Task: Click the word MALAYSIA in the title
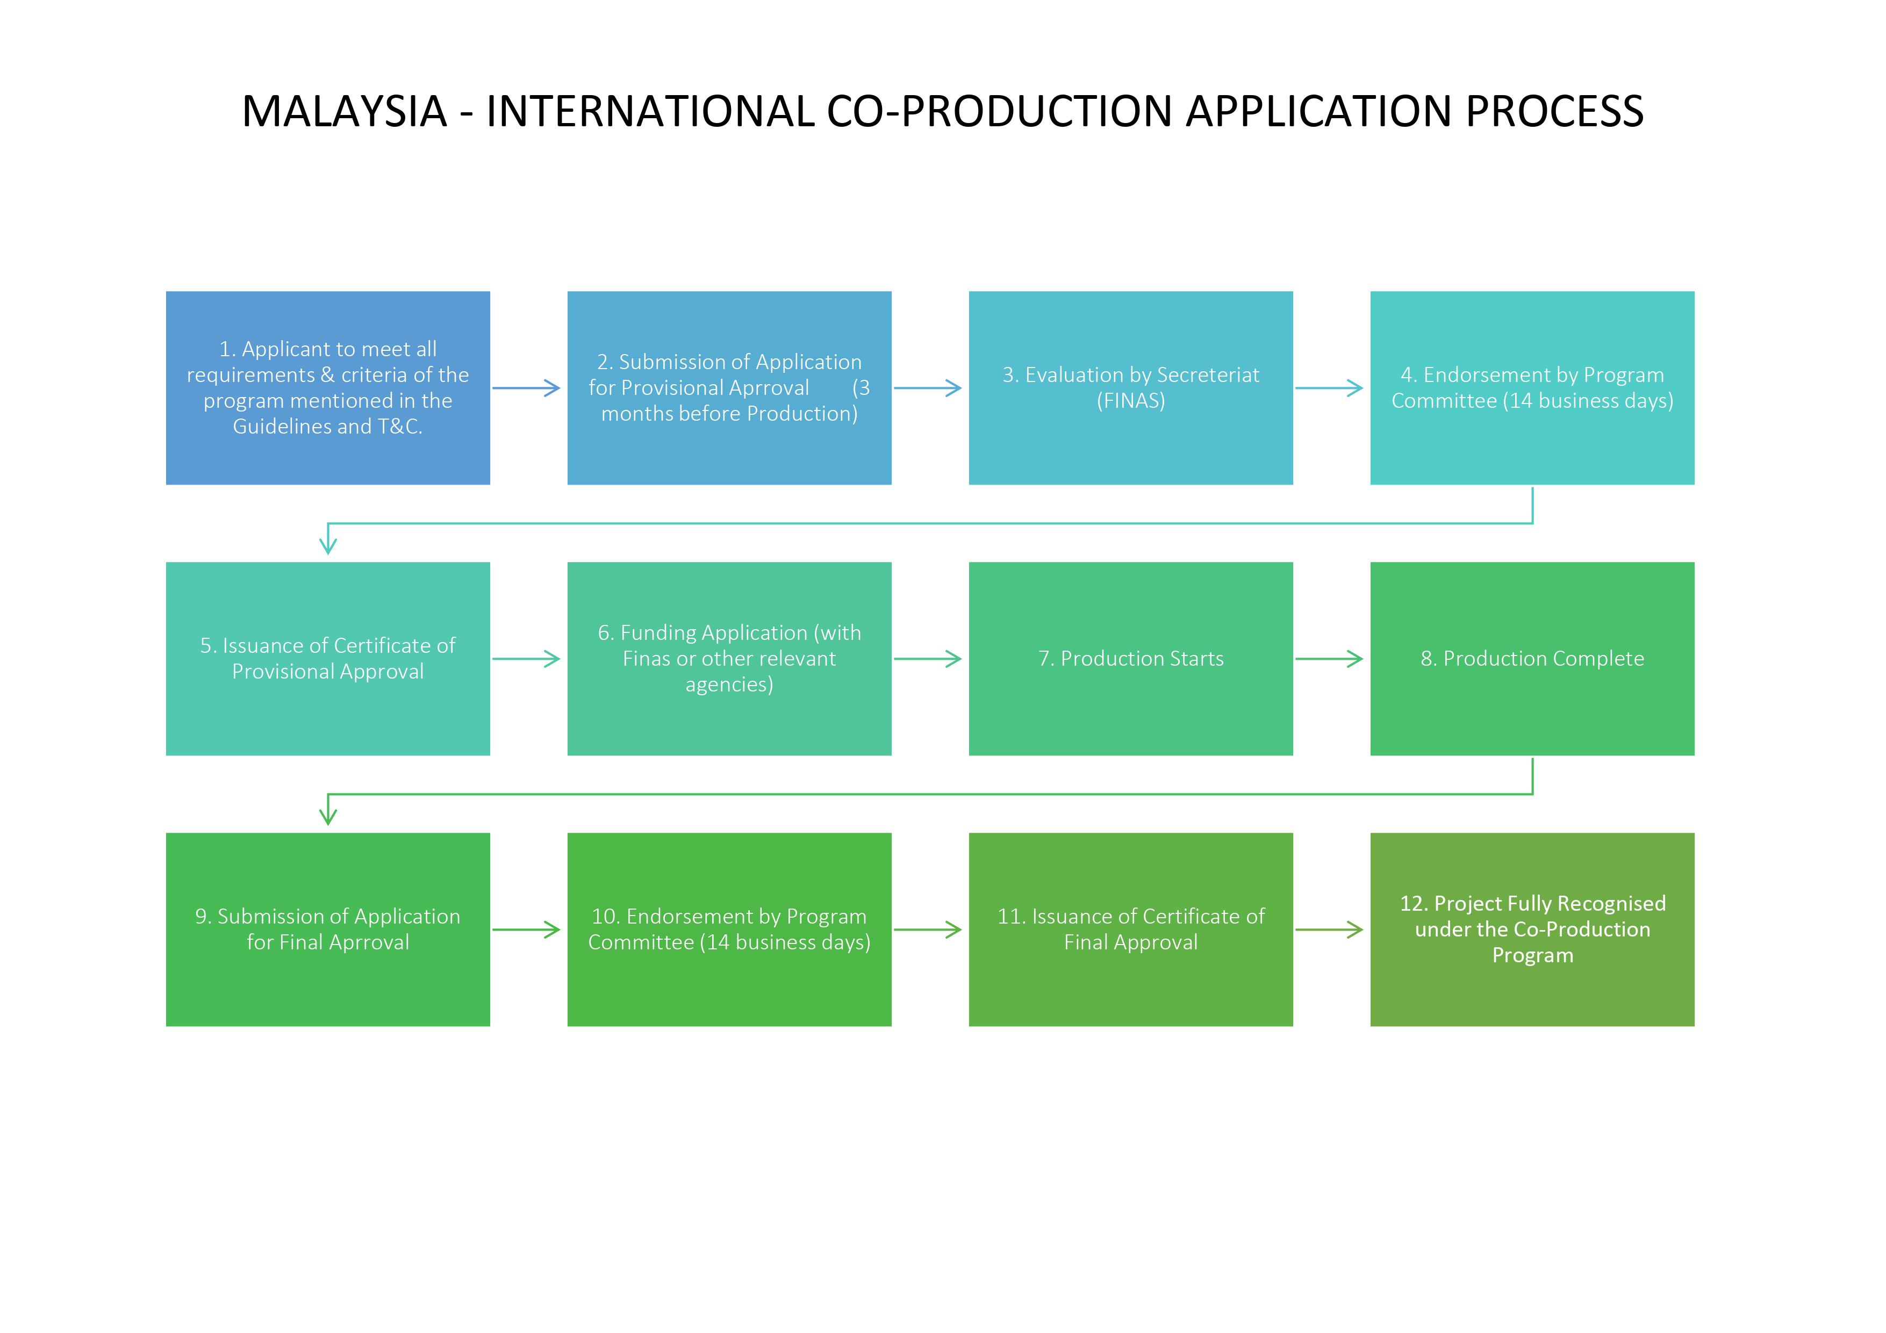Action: (x=344, y=112)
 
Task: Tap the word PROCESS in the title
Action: (x=1554, y=112)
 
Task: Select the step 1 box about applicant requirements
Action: (x=328, y=388)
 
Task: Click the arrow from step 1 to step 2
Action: (x=526, y=388)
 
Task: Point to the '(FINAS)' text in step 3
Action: (x=1130, y=401)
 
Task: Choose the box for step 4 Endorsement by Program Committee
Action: (x=1532, y=388)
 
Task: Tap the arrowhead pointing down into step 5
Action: (x=328, y=545)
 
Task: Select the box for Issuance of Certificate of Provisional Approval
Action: (x=328, y=659)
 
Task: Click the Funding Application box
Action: (x=729, y=659)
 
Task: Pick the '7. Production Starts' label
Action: (x=1130, y=659)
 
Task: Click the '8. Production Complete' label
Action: (x=1532, y=659)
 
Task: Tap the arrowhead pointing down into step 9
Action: (x=328, y=816)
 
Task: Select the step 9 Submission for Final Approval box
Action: (x=328, y=930)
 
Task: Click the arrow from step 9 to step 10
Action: (x=526, y=930)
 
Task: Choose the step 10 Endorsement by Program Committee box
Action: (x=729, y=930)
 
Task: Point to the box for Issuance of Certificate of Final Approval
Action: (x=1130, y=930)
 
